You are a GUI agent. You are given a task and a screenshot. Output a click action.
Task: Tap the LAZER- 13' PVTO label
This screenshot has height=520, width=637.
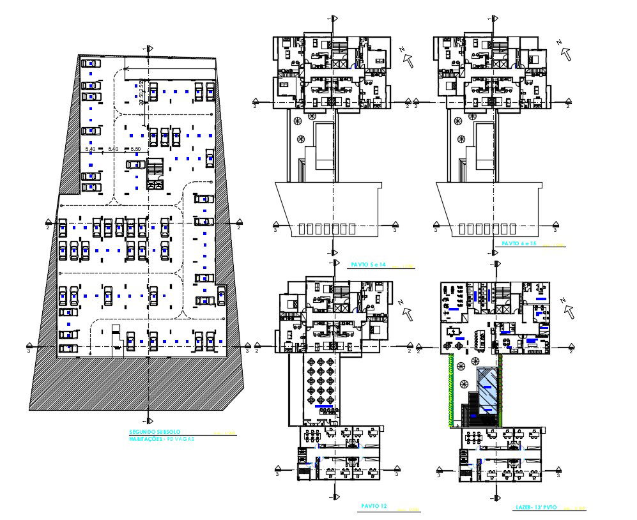536,507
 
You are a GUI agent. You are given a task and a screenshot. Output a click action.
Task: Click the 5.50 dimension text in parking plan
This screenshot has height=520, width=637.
135,149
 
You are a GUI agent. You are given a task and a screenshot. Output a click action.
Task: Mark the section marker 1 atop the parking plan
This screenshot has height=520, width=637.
150,49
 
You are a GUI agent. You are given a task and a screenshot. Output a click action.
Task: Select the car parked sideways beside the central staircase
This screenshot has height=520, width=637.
135,164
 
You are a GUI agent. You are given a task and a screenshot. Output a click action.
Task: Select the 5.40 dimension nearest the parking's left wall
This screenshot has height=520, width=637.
90,149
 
